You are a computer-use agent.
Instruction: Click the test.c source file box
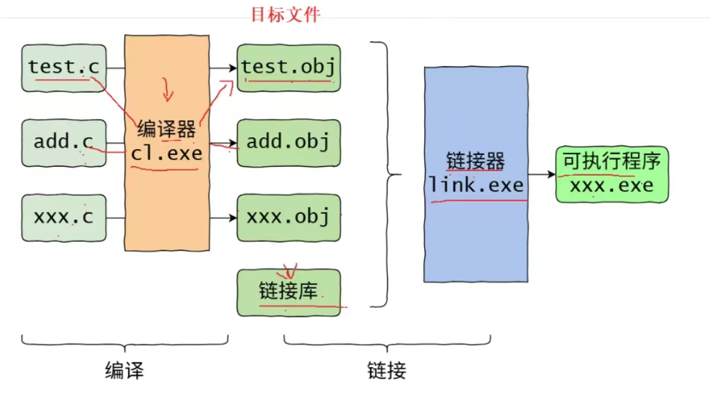[x=63, y=67]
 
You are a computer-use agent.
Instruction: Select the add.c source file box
[x=63, y=142]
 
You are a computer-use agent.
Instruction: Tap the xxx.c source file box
[x=63, y=217]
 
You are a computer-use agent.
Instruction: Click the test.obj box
[x=288, y=67]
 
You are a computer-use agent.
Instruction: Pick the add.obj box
[x=288, y=142]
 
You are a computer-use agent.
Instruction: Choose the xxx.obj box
[x=288, y=217]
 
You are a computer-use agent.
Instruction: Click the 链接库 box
[x=288, y=292]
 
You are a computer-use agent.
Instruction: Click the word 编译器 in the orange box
[x=167, y=129]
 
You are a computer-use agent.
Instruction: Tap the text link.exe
[x=476, y=185]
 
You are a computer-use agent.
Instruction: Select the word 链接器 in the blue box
[x=476, y=161]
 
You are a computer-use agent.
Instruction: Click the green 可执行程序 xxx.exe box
[x=613, y=174]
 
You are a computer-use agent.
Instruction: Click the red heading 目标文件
[x=286, y=14]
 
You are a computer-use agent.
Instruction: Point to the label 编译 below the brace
[x=124, y=371]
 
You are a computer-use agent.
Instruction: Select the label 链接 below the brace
[x=387, y=371]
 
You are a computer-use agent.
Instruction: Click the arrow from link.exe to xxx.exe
[x=541, y=175]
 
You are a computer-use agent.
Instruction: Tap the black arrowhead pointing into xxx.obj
[x=232, y=217]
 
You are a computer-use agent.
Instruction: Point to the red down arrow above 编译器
[x=168, y=92]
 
